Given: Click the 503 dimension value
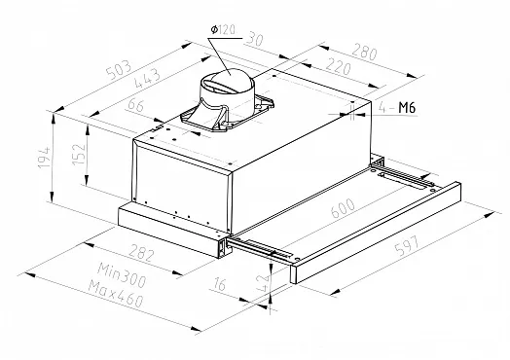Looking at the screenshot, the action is (120, 70).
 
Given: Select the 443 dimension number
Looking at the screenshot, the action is (147, 78).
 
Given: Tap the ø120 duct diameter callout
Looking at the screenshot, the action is (223, 30).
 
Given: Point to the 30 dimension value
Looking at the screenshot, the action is (255, 39).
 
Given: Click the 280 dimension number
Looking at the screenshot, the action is (364, 53).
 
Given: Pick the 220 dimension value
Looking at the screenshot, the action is (339, 66).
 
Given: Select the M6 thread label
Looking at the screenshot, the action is (407, 108).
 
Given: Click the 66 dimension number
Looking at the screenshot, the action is (136, 105).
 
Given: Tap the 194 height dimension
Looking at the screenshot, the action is (45, 158).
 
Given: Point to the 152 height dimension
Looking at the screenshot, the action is (79, 153).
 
